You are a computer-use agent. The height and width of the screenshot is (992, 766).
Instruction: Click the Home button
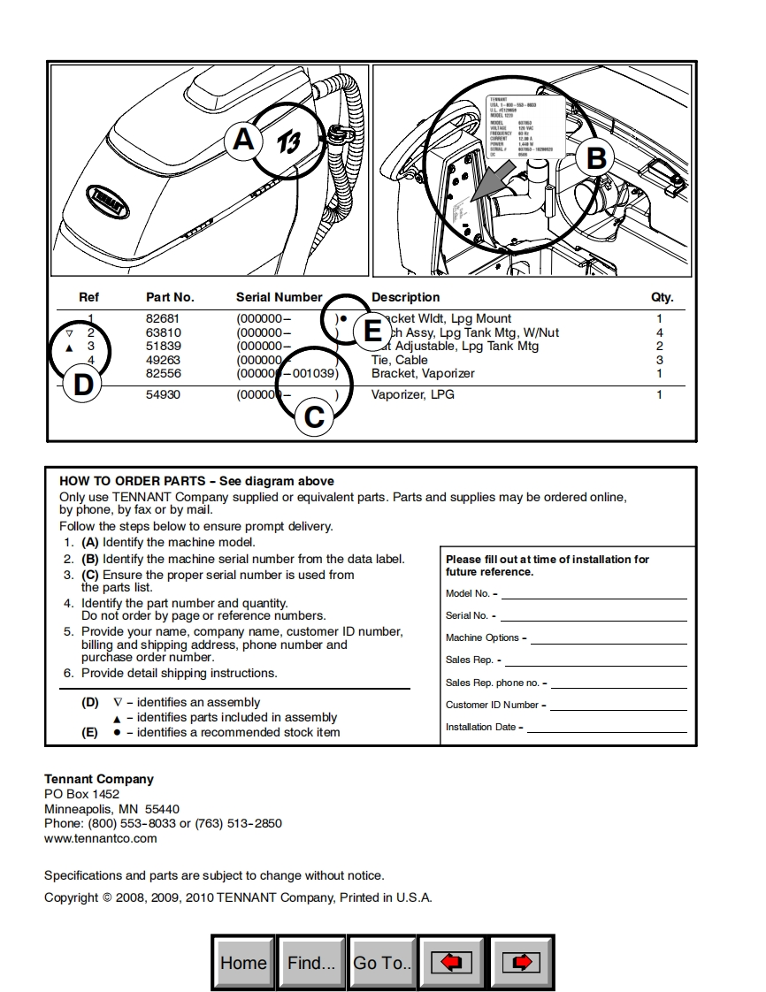pos(243,963)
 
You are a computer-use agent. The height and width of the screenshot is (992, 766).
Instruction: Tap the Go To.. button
pos(382,963)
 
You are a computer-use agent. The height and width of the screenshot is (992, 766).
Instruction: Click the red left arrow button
pos(451,963)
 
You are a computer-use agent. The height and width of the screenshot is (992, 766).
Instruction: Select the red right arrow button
pos(521,963)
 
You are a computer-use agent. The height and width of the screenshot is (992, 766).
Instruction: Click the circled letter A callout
pos(243,141)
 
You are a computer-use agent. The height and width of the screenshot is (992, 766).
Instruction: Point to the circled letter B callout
pos(596,158)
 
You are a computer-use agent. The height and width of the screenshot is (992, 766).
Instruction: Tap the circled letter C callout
pos(314,416)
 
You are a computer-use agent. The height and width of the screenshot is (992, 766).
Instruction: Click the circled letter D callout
pos(82,385)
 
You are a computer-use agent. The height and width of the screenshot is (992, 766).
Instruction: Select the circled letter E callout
pos(372,332)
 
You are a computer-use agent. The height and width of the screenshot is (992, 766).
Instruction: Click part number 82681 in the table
pos(162,318)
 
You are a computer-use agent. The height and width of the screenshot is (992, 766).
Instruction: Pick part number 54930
pos(162,394)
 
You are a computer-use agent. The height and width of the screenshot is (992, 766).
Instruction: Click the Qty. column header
pos(662,297)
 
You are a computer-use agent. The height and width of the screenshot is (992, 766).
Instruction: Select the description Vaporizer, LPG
pos(412,394)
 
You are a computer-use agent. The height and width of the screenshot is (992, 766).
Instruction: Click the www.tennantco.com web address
pos(101,838)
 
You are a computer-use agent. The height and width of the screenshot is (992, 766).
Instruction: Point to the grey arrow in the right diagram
pos(492,180)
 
